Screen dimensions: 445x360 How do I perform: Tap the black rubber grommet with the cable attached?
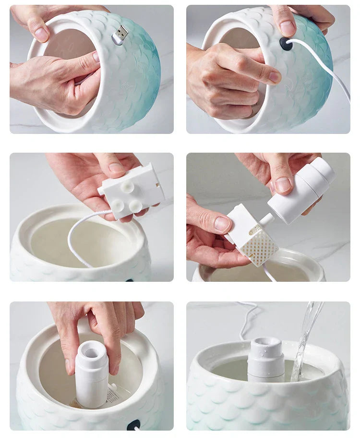[x=285, y=45]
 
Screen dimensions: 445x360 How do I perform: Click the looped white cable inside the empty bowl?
[x=77, y=240]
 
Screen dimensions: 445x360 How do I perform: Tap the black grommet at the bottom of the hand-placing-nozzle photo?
[x=134, y=425]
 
